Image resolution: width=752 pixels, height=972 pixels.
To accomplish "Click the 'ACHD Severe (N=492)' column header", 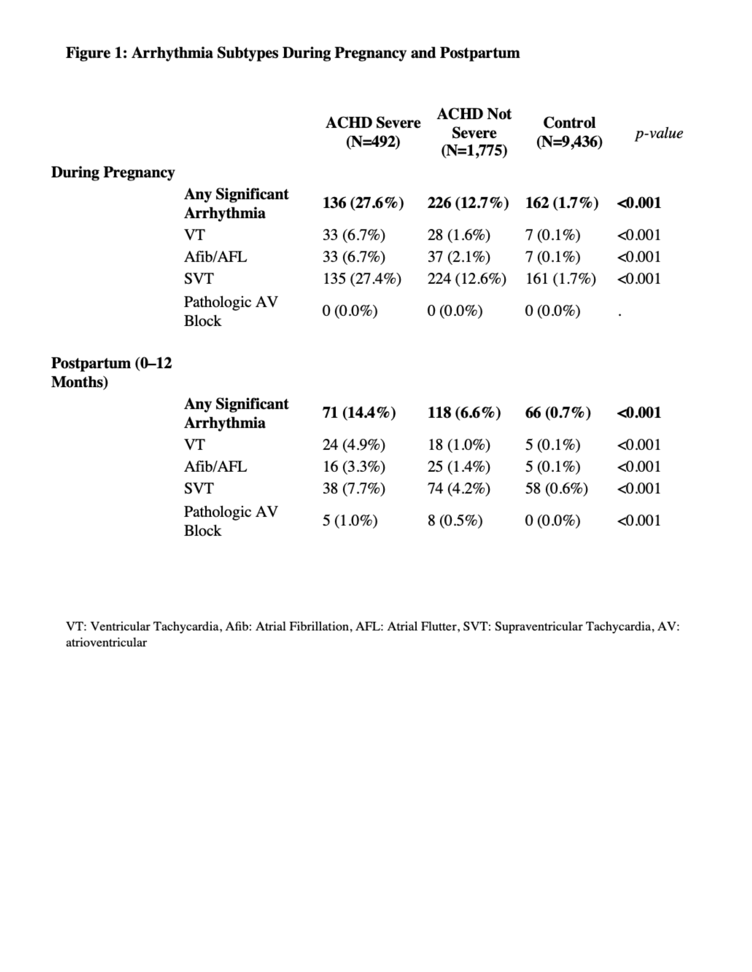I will coord(373,132).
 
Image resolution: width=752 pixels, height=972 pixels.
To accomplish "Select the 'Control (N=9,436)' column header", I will coord(569,132).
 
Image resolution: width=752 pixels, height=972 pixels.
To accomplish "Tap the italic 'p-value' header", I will coord(659,133).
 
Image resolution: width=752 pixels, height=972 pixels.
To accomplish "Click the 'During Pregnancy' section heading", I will coord(113,172).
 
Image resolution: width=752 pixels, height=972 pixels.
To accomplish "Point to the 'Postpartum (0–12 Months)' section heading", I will coord(111,373).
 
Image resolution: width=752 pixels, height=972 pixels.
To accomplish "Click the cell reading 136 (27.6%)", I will coord(363,203).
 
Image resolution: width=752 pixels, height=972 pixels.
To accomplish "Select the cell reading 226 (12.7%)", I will coord(468,203).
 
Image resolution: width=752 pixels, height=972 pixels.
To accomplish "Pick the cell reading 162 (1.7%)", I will coord(562,203).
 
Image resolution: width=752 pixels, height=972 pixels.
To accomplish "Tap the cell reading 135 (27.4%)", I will coord(362,279).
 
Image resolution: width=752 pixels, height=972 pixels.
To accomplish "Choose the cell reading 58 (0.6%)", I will coord(556,488).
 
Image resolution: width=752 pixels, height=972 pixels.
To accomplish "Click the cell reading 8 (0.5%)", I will coord(455,520).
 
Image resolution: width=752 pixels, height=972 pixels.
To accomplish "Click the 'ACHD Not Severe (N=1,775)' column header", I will coord(474,132).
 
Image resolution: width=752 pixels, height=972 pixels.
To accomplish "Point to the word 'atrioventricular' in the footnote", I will coord(106,643).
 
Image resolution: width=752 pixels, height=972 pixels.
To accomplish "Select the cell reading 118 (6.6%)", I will coord(464,412).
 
